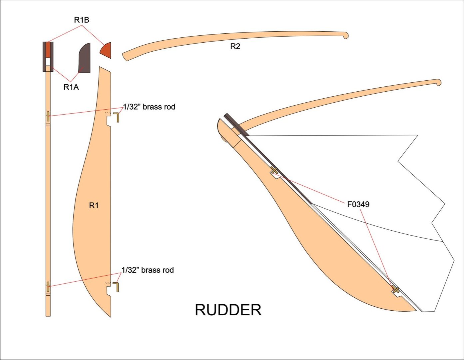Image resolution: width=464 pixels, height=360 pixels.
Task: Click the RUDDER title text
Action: coord(228,310)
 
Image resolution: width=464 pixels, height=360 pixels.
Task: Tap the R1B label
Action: coord(81,20)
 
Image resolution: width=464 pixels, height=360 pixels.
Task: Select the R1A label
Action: coord(71,87)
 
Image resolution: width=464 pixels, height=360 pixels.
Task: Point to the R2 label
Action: coord(235,47)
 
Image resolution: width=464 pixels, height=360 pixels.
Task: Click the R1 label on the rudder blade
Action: coord(94,206)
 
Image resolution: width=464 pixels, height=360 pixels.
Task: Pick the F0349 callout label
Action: coord(358,204)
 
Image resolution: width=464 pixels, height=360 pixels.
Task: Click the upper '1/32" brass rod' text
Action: coord(149,107)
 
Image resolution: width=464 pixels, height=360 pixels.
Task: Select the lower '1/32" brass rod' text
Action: coord(148,270)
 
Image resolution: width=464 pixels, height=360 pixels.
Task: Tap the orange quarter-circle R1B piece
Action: coord(106,51)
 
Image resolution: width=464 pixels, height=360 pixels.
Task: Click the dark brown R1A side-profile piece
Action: coord(84,59)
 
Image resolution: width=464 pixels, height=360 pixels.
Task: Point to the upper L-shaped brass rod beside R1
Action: coord(117,117)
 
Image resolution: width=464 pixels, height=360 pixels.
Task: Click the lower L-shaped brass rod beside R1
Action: coord(116,287)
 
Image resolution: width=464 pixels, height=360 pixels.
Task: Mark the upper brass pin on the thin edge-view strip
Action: coord(48,116)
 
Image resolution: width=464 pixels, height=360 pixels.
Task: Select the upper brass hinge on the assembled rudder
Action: coord(274,171)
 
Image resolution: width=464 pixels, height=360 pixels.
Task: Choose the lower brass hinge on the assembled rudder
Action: coord(395,290)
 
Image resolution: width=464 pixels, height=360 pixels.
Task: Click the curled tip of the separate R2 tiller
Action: coord(345,35)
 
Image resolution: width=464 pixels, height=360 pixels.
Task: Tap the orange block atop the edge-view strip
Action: coord(48,50)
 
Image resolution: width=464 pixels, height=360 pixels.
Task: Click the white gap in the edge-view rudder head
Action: coord(48,61)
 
